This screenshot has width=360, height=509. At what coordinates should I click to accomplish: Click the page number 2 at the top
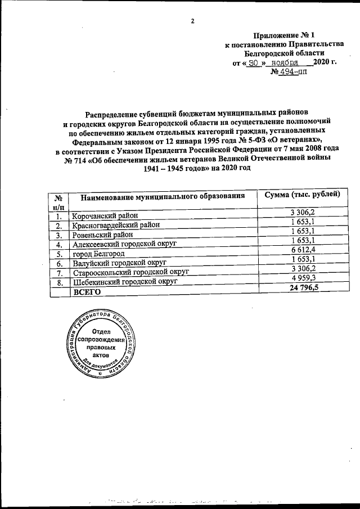pos(192,21)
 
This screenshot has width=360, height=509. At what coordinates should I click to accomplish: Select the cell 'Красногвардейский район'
pos(116,225)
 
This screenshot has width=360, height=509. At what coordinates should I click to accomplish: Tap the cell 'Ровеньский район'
pos(102,235)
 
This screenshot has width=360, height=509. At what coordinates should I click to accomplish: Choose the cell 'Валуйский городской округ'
pos(119,263)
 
